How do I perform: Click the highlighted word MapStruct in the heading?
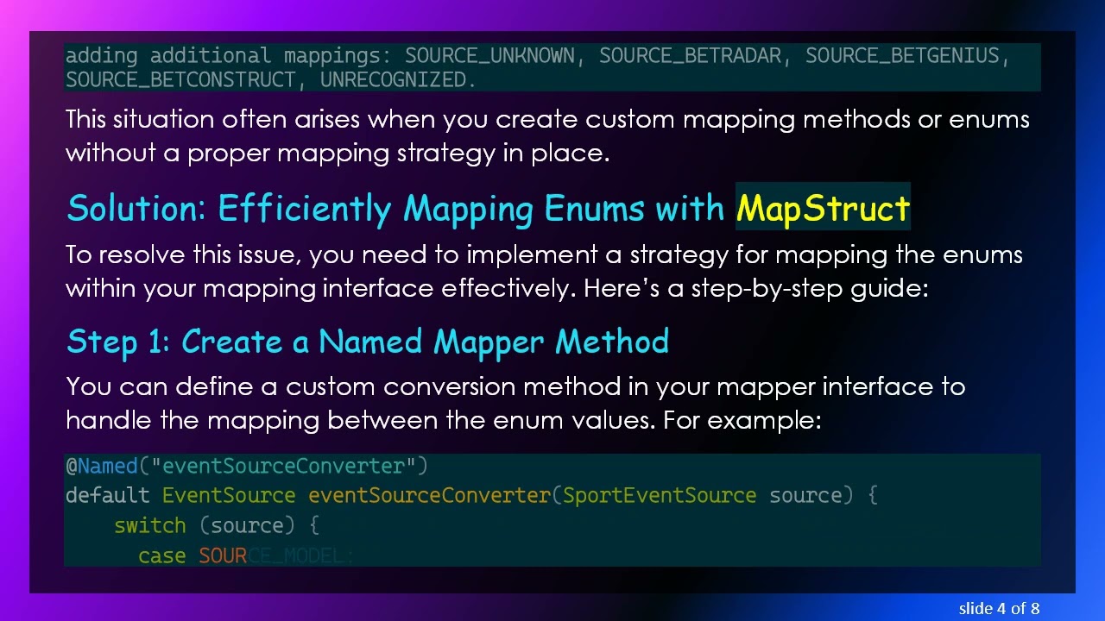823,209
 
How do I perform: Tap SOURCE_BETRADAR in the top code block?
690,56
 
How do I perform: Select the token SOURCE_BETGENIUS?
901,56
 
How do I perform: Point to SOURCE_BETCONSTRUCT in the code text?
180,80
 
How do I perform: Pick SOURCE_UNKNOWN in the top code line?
489,56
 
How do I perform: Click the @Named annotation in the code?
101,467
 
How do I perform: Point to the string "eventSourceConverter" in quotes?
283,467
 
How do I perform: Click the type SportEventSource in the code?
660,496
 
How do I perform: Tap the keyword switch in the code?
149,526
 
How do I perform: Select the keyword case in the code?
161,556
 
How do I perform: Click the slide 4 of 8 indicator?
999,608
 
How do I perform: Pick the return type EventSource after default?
229,496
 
